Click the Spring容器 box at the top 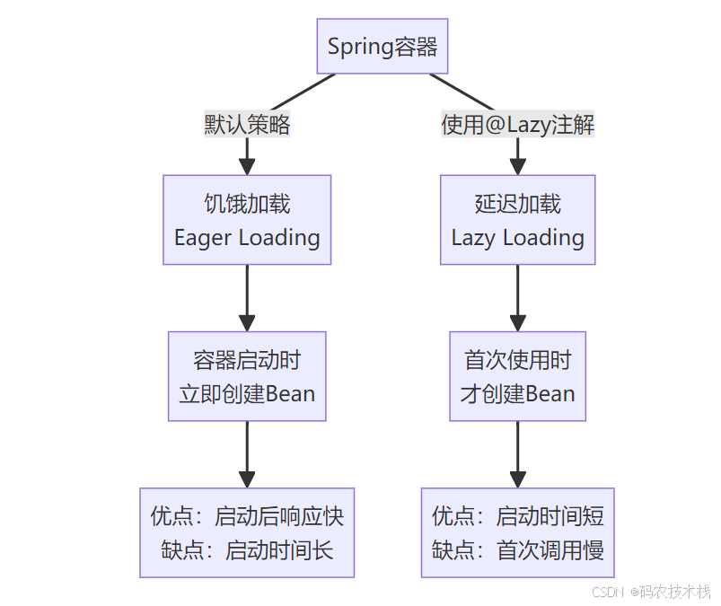coord(382,47)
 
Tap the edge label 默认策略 coord(247,125)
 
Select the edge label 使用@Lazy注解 coord(517,125)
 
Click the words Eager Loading coord(247,238)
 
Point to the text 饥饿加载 coord(247,204)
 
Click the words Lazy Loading coord(517,238)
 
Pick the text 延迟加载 coord(517,204)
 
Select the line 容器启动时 coord(247,360)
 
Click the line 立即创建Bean coord(247,393)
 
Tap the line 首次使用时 coord(517,360)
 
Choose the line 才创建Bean coord(517,393)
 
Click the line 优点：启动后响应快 coord(247,516)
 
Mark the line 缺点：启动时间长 coord(247,549)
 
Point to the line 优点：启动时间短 coord(517,516)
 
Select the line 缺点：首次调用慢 coord(517,549)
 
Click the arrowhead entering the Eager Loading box coord(247,166)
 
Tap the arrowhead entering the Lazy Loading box coord(517,166)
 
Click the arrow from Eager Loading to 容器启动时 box coord(247,296)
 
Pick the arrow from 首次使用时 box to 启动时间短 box coord(517,453)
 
